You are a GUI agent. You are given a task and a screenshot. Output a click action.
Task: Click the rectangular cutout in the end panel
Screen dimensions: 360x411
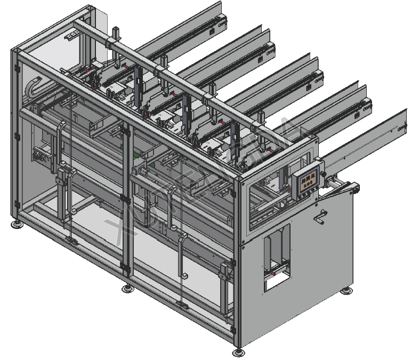[x=277, y=257]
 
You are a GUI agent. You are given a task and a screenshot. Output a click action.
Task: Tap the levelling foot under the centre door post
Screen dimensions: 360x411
[x=127, y=289]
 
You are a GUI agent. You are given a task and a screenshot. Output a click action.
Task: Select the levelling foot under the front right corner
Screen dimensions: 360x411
[x=238, y=352]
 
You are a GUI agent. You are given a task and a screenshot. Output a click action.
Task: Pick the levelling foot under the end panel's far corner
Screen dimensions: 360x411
[x=347, y=290]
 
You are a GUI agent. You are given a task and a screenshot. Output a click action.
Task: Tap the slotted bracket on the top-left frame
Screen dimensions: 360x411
[x=71, y=36]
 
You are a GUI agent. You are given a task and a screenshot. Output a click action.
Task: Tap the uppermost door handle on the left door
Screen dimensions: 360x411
[x=62, y=141]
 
